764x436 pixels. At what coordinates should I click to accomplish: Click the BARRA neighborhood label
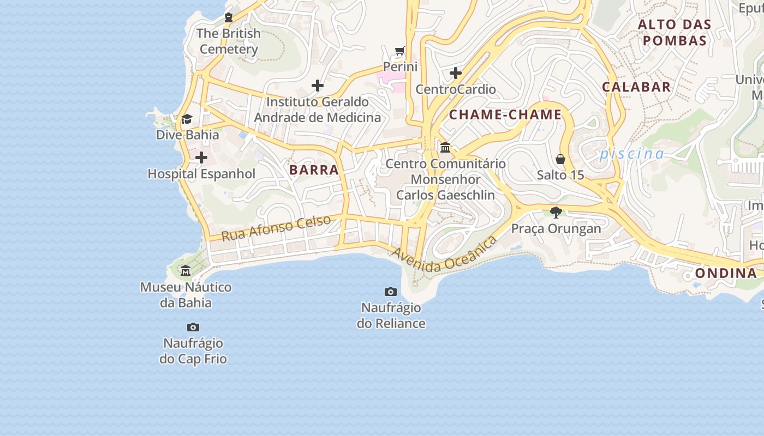[x=314, y=170]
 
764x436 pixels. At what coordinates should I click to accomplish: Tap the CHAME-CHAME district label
[x=505, y=115]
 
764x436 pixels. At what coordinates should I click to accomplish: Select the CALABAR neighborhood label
[x=636, y=87]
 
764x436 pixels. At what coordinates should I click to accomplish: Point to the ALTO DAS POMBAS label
[x=675, y=32]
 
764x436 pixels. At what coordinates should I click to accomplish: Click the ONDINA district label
[x=726, y=274]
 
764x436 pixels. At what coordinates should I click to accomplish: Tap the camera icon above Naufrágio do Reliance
[x=391, y=292]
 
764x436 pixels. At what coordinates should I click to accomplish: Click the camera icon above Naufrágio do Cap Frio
[x=193, y=327]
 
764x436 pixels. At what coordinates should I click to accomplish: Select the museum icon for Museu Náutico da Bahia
[x=186, y=271]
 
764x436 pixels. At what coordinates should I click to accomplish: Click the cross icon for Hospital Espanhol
[x=201, y=158]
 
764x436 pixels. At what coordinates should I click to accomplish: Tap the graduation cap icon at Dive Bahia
[x=187, y=119]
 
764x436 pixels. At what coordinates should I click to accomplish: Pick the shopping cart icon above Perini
[x=400, y=51]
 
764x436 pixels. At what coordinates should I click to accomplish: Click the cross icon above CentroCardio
[x=456, y=73]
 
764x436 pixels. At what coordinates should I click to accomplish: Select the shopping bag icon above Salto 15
[x=560, y=159]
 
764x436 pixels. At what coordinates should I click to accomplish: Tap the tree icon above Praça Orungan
[x=556, y=212]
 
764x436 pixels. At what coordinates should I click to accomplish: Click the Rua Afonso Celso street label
[x=276, y=228]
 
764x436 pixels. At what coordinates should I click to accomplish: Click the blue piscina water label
[x=632, y=154]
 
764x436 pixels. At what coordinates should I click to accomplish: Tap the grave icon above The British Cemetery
[x=229, y=17]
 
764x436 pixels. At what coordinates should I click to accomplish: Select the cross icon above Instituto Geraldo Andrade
[x=318, y=86]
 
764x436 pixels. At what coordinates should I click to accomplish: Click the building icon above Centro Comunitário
[x=445, y=147]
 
